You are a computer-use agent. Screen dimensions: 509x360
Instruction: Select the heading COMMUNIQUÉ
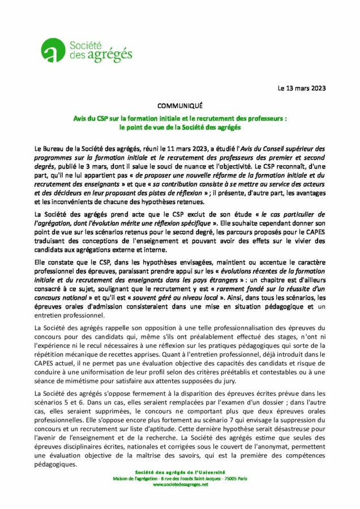179,106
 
